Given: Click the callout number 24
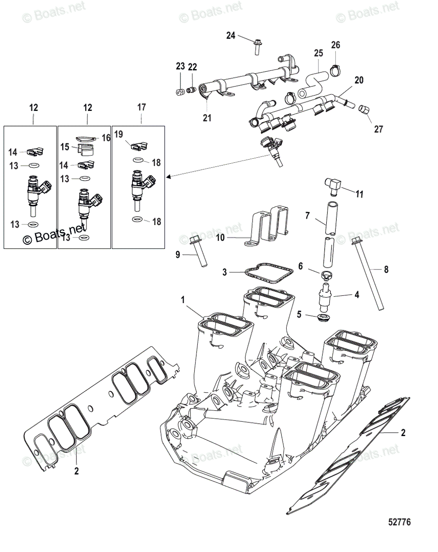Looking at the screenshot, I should click(231, 35).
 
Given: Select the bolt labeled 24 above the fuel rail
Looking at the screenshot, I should click(256, 46).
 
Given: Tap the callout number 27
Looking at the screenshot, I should click(378, 129).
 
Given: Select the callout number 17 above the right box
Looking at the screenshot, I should click(142, 107).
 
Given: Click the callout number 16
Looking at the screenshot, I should click(106, 138).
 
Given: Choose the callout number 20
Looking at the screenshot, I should click(359, 80).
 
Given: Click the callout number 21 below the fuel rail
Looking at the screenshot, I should click(207, 118).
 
